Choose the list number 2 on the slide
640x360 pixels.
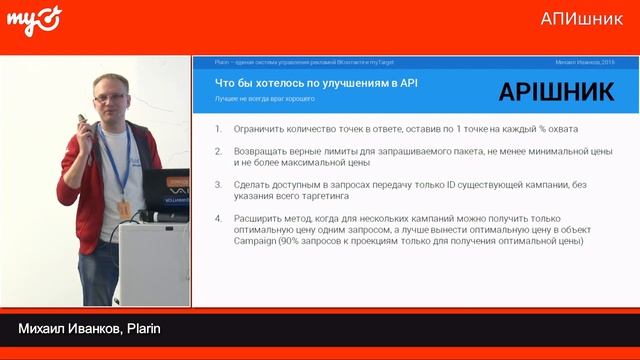(x=219, y=151)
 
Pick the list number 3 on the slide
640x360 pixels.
(x=219, y=184)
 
